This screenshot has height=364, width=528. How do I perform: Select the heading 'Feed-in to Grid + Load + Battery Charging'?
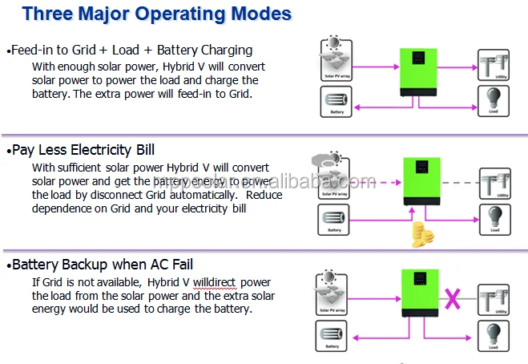coord(130,50)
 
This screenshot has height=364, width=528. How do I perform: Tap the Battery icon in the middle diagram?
coord(337,218)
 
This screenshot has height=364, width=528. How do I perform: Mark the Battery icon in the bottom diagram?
coord(337,335)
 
